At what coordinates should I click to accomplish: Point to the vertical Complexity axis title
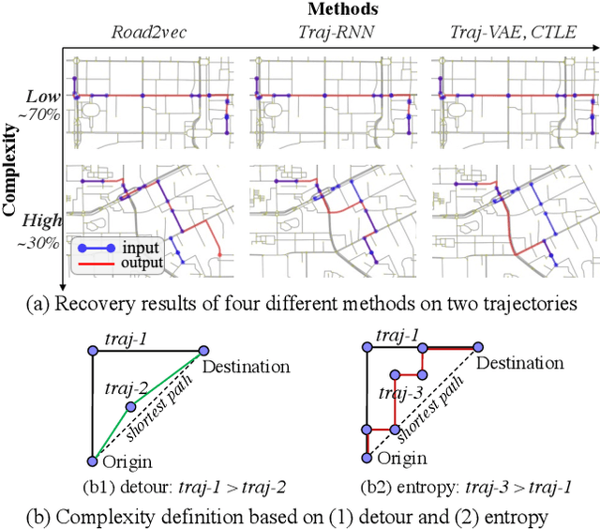[x=10, y=164]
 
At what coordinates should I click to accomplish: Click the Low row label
[x=41, y=97]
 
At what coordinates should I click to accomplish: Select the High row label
[x=41, y=221]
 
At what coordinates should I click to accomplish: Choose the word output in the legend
[x=142, y=264]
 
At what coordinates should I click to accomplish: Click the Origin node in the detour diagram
[x=92, y=461]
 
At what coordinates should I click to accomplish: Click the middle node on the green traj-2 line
[x=130, y=407]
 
